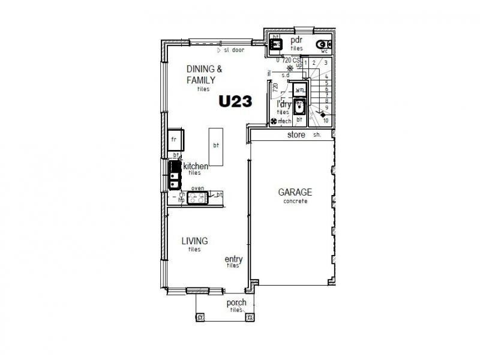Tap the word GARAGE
295,193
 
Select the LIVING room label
194,241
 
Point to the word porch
236,303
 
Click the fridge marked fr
175,139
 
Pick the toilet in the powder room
325,43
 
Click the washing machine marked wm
300,89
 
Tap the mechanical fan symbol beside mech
274,122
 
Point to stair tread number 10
325,121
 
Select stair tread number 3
325,62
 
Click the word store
296,135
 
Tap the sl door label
233,50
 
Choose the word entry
233,259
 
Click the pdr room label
296,40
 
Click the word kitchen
196,166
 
